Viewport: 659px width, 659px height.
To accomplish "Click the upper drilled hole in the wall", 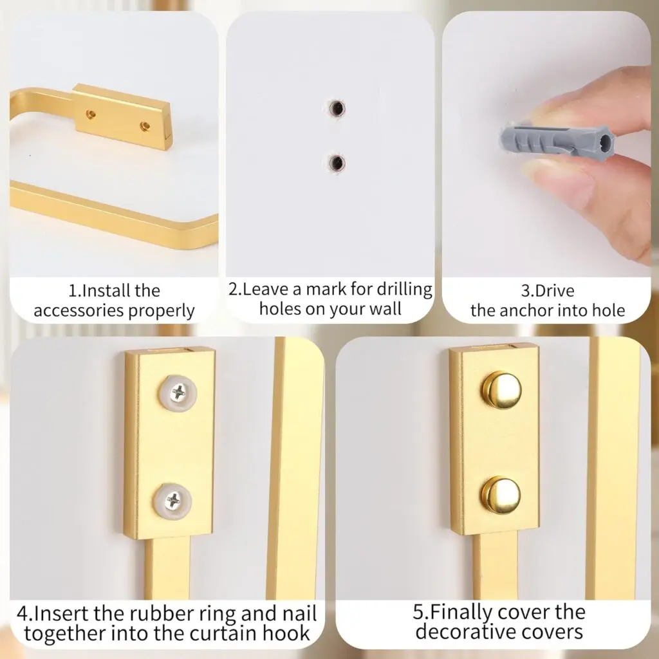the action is [337, 109].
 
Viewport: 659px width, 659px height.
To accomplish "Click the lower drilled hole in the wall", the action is [336, 163].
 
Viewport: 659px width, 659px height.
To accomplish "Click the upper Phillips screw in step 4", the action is [178, 393].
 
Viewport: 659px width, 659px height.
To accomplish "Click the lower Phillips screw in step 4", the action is [172, 500].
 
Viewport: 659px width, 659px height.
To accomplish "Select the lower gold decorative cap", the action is [501, 495].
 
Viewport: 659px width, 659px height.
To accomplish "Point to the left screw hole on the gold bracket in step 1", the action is [90, 115].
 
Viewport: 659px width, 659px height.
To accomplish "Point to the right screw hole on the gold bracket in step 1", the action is [145, 125].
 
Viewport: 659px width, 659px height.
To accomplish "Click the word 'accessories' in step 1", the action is [79, 311].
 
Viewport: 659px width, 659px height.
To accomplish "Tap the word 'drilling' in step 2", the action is [404, 290].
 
